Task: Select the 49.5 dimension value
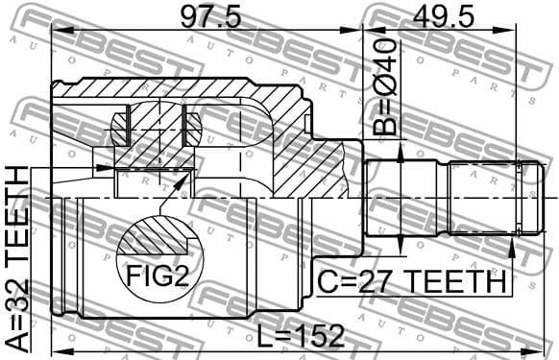444,15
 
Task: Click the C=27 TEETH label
412,281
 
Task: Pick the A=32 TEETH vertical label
17,259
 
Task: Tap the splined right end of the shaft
485,198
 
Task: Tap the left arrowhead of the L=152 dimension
56,348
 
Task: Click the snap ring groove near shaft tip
520,198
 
